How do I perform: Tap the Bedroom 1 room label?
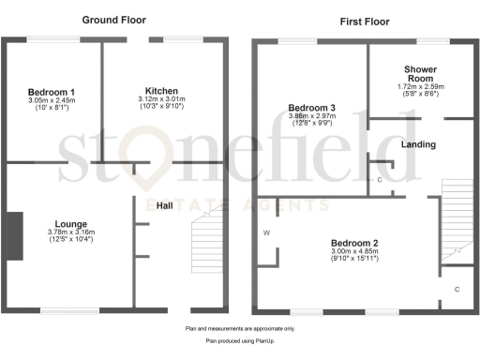coord(53,91)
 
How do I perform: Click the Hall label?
coord(164,205)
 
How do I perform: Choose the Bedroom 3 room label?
coord(309,106)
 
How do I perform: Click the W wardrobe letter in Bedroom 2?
coord(267,232)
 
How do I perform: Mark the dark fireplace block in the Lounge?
coord(14,234)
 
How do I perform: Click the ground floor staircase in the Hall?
coord(206,244)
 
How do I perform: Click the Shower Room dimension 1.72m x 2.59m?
coord(419,87)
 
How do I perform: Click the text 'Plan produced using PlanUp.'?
coord(239,342)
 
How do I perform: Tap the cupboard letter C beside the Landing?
coord(380,178)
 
